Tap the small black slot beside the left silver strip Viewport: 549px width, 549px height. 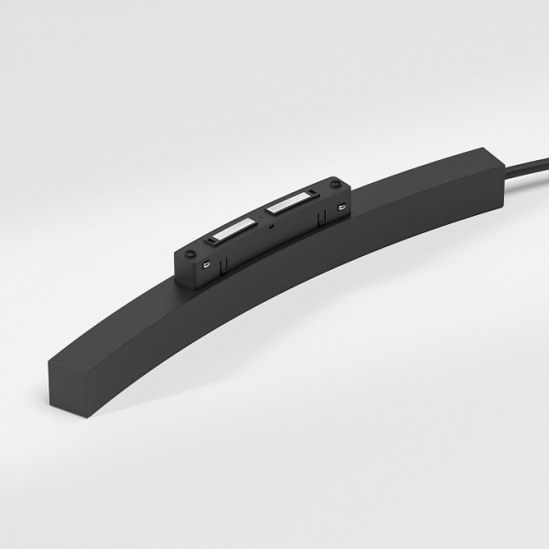tap(212, 241)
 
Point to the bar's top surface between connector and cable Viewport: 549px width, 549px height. tap(412, 206)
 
